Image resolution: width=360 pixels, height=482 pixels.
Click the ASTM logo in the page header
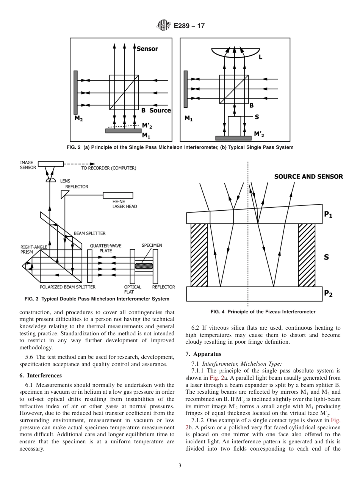click(163, 26)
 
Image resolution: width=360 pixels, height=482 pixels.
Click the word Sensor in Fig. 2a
click(147, 49)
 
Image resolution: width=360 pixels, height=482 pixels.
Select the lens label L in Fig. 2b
click(260, 57)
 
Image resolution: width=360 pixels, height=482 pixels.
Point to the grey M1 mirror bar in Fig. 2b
click(186, 89)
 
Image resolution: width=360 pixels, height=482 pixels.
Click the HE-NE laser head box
click(118, 195)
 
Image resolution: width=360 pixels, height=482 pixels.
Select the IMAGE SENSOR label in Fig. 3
click(28, 165)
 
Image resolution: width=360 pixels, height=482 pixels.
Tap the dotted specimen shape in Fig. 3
click(144, 266)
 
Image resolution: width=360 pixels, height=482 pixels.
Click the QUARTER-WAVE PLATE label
click(105, 248)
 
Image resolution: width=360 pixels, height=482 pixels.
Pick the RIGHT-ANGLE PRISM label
click(34, 249)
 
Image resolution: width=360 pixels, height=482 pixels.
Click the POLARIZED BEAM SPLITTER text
click(67, 287)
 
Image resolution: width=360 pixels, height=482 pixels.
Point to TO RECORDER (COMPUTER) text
click(108, 168)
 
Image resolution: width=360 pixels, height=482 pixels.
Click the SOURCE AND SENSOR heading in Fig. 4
click(308, 177)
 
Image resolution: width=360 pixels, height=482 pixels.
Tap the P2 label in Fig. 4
click(328, 294)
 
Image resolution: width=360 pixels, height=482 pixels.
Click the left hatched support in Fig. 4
click(199, 255)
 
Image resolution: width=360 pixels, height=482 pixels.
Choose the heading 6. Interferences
click(44, 376)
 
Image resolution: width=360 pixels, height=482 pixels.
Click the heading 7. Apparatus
click(203, 354)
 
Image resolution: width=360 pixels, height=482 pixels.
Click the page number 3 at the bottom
click(180, 465)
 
